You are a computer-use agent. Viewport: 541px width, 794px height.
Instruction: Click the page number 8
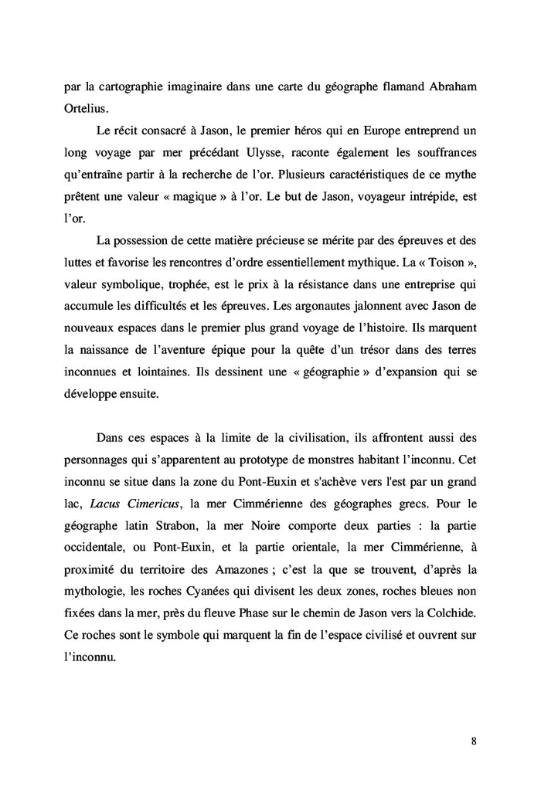(x=473, y=742)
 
